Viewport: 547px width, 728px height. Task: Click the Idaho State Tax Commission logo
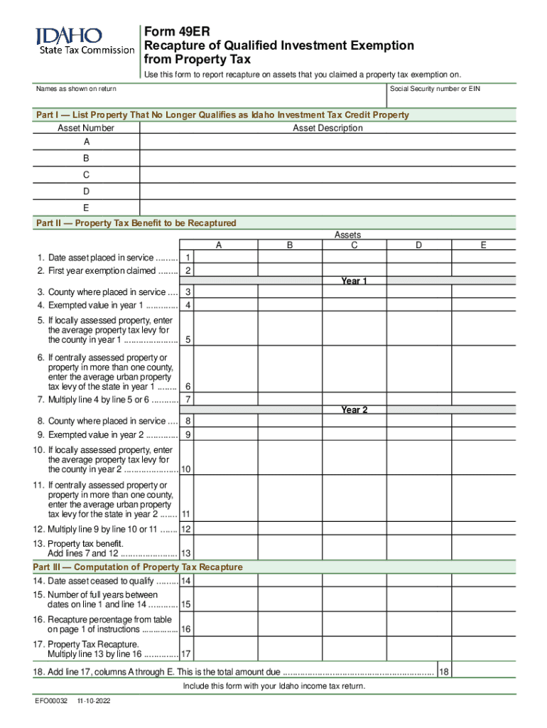pos(84,41)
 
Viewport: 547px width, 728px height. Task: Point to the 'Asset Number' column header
pos(85,128)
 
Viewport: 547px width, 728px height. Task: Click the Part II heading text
pos(136,223)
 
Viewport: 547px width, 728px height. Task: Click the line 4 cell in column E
pos(483,305)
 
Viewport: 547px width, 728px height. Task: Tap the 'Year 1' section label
pos(354,281)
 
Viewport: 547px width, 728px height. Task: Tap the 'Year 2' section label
pos(354,409)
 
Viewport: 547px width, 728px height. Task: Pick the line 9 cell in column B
pos(290,434)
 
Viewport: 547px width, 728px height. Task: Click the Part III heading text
pos(138,567)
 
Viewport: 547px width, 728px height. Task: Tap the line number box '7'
pos(188,400)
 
